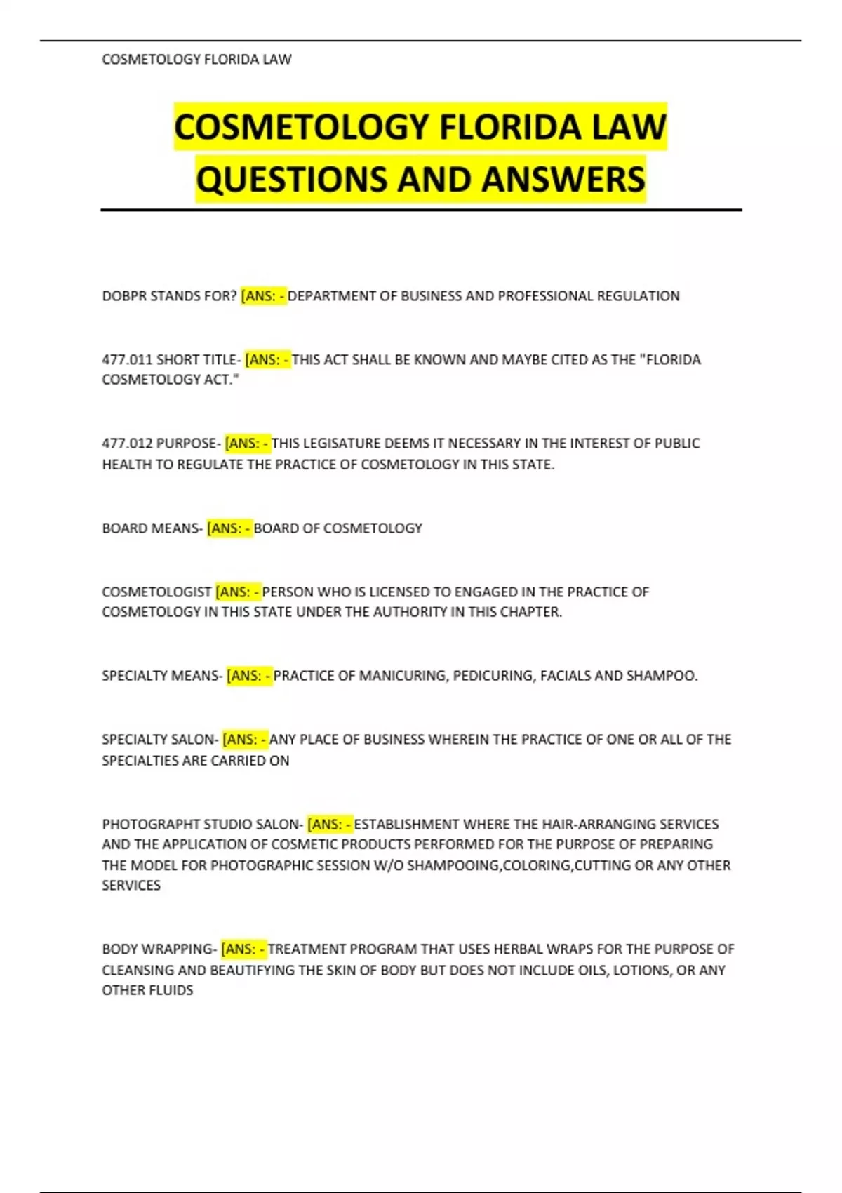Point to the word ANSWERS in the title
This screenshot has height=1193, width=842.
[563, 180]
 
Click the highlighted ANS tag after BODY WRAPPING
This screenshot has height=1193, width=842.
[243, 949]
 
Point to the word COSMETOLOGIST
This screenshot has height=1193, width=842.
[156, 592]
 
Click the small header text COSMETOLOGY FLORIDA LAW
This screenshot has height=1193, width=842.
[196, 60]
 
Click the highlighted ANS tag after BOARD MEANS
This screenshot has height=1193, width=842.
[229, 528]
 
